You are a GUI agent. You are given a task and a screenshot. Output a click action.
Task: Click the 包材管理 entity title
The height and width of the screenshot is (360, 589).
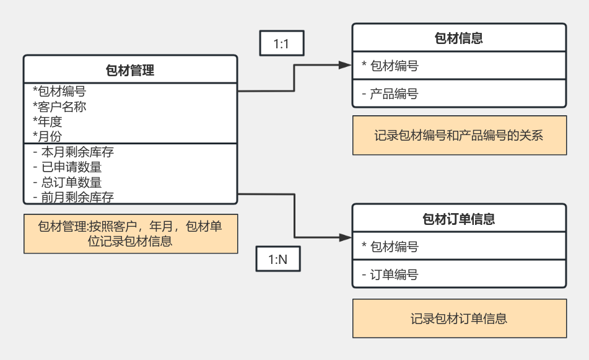[130, 71]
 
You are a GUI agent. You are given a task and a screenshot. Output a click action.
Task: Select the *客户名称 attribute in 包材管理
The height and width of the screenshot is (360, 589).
[59, 107]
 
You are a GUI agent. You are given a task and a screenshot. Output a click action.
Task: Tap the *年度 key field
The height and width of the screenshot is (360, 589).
[48, 121]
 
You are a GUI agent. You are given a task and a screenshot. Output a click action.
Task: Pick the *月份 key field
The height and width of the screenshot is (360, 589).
[48, 136]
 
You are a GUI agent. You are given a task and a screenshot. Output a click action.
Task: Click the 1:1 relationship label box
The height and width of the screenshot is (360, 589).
[281, 44]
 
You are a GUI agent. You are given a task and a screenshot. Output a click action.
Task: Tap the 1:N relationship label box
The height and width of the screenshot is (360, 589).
[278, 260]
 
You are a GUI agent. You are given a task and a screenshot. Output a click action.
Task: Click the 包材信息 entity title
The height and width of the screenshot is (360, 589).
[459, 38]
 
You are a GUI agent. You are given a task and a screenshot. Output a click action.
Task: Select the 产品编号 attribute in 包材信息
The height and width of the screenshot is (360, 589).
[390, 94]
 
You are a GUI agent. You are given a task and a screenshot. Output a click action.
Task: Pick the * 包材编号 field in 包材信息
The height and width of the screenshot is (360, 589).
[390, 66]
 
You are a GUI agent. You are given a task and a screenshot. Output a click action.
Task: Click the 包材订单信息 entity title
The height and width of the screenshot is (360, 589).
[459, 219]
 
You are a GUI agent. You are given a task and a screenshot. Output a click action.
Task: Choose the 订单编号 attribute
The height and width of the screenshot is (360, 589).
[390, 274]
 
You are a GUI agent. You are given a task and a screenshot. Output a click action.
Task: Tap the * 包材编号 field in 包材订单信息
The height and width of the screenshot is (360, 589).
[390, 247]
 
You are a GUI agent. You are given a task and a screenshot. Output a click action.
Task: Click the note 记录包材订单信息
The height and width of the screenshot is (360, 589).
[459, 318]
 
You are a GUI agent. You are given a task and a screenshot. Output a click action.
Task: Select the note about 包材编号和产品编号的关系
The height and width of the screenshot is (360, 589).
[459, 135]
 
